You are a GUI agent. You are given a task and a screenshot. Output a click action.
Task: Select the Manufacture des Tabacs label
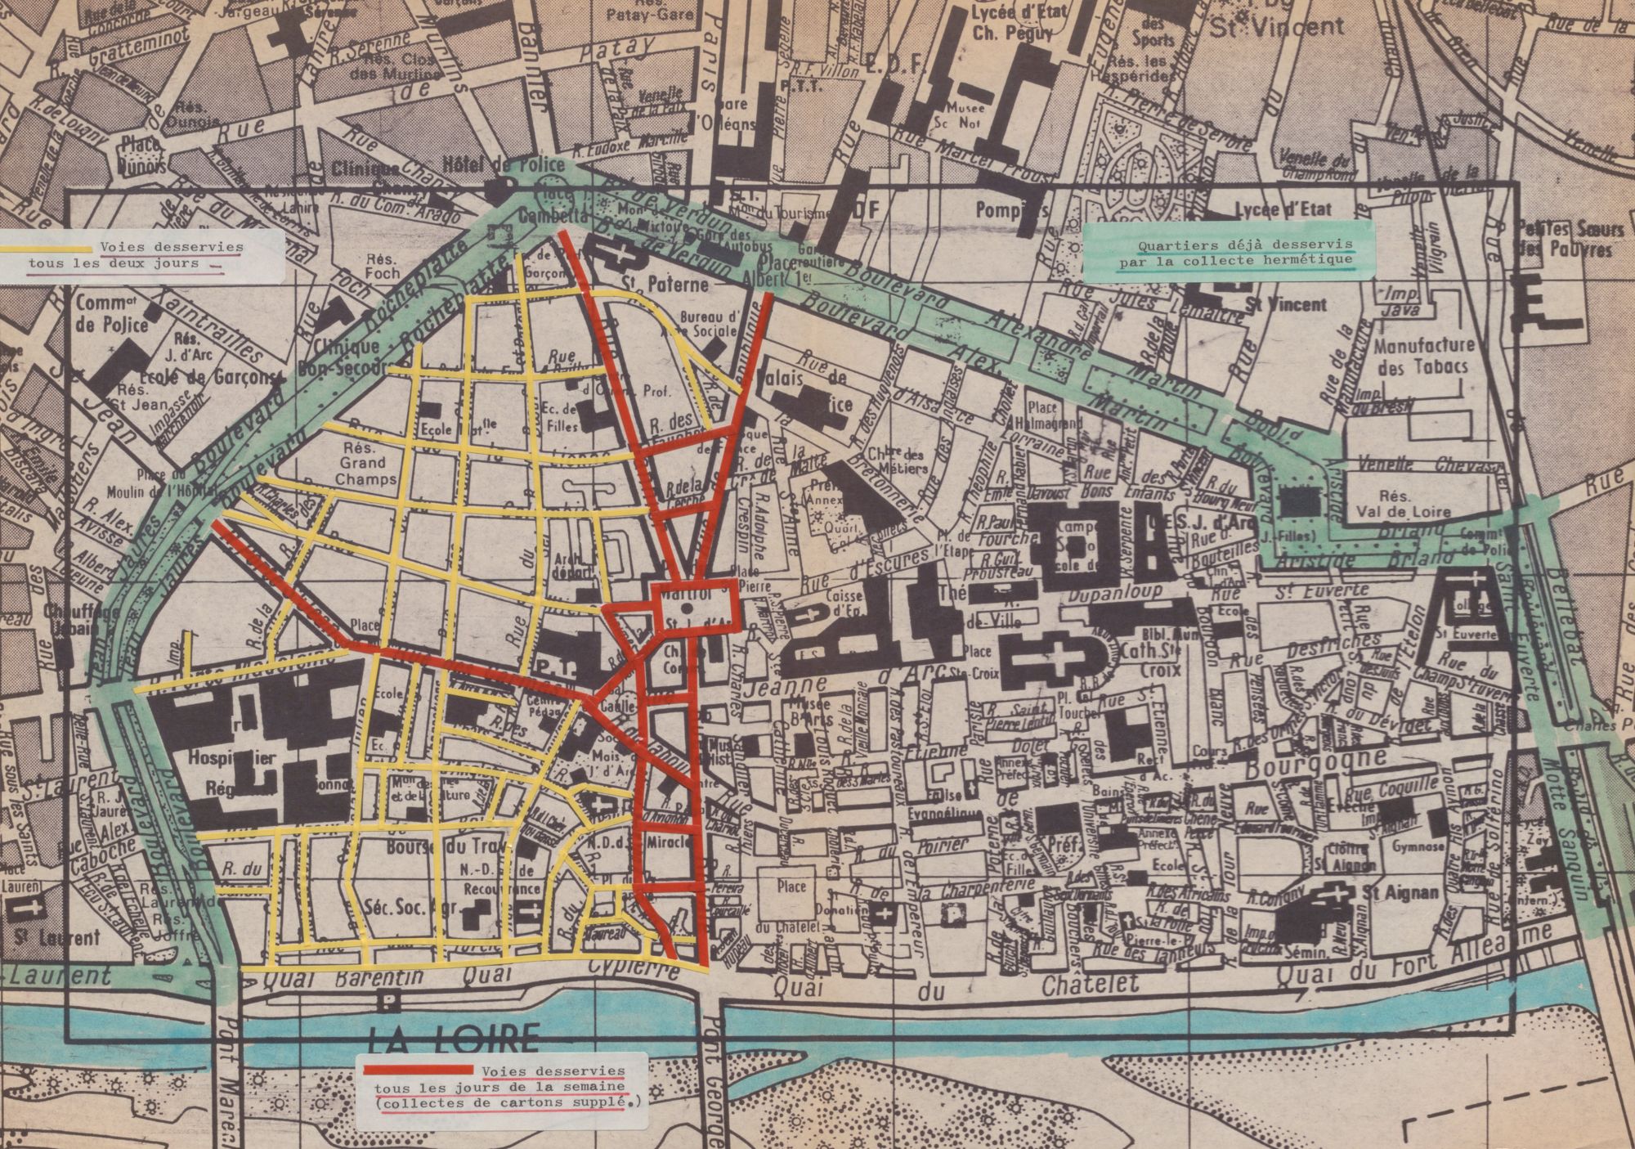pos(1424,357)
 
